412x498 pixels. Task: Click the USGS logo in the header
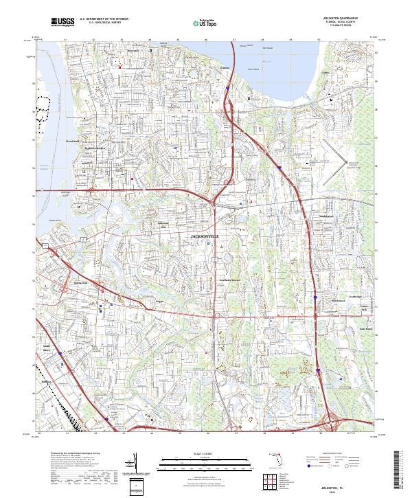click(x=62, y=22)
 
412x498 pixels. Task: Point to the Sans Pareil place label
click(x=365, y=328)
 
